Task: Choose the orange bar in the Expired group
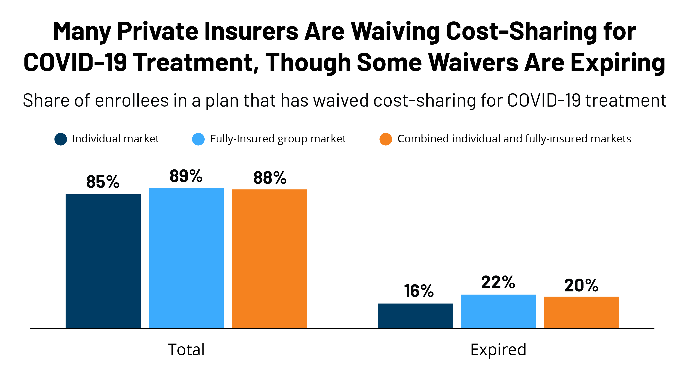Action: tap(581, 312)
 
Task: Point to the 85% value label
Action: tap(103, 182)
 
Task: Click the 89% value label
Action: tap(186, 176)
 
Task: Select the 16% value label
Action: tap(419, 291)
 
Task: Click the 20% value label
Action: tap(581, 285)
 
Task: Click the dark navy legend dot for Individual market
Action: tap(61, 139)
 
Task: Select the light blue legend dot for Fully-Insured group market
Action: tap(198, 139)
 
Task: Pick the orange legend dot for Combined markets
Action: tap(386, 139)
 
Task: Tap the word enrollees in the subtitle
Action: tap(132, 101)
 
